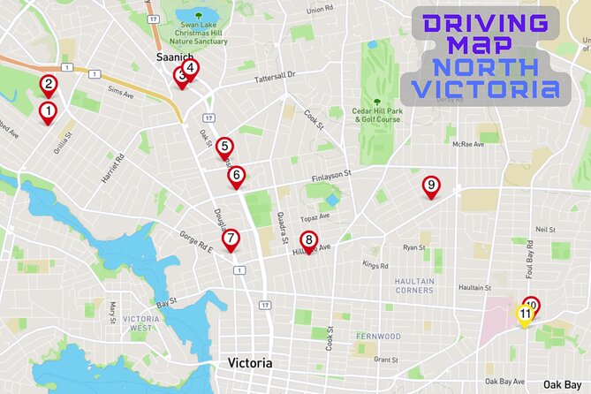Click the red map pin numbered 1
[48, 112]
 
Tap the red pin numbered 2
[49, 86]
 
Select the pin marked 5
[224, 148]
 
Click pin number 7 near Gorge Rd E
[230, 239]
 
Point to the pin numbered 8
[308, 239]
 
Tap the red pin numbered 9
[430, 186]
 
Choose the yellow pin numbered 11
[525, 314]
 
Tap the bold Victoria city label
[250, 363]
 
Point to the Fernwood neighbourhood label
[378, 337]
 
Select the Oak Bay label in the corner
[562, 383]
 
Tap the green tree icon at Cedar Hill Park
[377, 102]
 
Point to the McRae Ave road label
[467, 144]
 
